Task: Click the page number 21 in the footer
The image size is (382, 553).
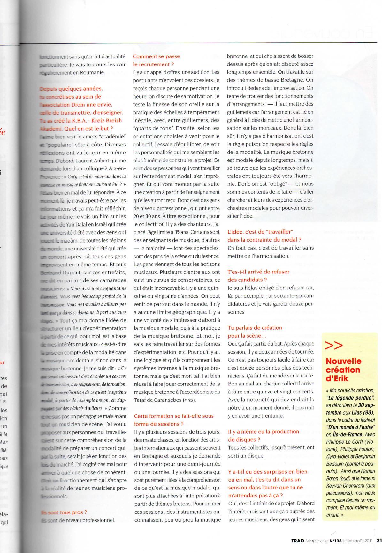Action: [379, 541]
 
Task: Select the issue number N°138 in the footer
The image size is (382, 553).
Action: [335, 541]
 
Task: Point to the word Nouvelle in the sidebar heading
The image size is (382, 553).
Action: [343, 361]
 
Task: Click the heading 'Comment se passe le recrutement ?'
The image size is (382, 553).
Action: [156, 60]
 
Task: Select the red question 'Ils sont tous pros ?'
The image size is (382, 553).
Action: [64, 512]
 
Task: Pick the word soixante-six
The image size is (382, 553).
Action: [283, 296]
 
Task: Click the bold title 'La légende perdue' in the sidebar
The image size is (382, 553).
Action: [350, 397]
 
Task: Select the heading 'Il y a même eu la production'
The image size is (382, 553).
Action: [263, 431]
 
